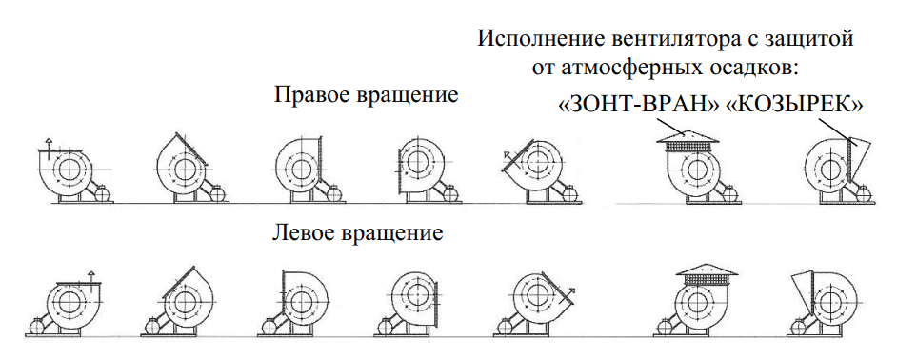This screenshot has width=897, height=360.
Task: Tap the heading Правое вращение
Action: [366, 95]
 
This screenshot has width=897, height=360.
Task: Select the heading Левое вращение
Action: [357, 233]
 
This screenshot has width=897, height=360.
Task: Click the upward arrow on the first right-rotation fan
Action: [49, 144]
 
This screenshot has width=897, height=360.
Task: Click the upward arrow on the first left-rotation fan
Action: [91, 277]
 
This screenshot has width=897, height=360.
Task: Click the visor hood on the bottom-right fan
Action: [803, 290]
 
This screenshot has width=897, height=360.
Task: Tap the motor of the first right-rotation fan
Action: [103, 194]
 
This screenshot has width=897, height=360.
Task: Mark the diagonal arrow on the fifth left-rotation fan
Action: [569, 293]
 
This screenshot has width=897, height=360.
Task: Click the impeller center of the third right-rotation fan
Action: [299, 168]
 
